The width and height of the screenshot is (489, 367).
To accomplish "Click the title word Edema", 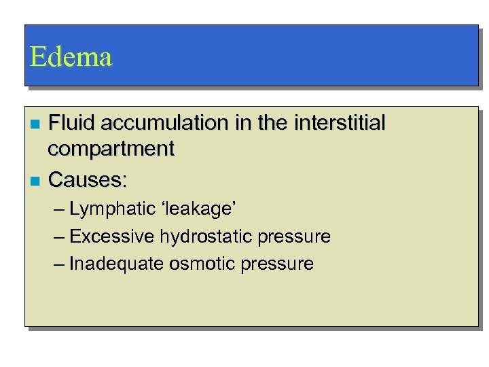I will tap(71, 57).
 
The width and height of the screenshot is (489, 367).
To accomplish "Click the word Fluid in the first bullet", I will tap(68, 123).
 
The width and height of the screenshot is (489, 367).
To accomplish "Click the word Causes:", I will tap(88, 180).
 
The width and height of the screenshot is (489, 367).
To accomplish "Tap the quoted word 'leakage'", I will tap(189, 209).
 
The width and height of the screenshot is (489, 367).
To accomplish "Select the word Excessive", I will tap(112, 237).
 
